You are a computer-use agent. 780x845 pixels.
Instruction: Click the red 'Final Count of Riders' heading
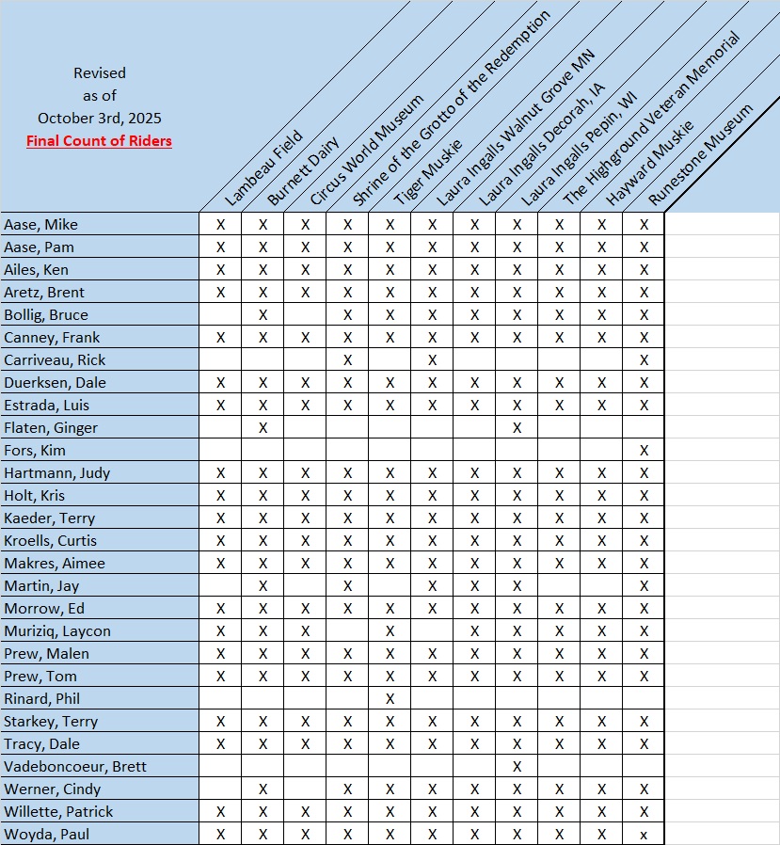pos(99,142)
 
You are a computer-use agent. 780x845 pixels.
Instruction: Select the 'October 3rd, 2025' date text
pos(99,119)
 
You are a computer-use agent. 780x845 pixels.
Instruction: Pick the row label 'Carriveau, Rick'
pos(55,360)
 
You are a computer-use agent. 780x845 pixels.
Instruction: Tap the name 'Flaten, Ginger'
pos(51,428)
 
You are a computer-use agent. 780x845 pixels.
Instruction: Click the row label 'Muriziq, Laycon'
pos(57,631)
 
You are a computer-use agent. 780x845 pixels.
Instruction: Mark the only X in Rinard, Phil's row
pos(390,699)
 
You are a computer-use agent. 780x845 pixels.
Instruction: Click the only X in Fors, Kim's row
pos(644,451)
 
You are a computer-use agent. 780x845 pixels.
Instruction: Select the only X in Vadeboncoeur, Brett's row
pos(517,767)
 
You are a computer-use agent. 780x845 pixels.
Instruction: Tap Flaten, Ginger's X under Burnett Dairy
pos(263,428)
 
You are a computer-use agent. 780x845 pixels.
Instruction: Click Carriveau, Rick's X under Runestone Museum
pos(644,360)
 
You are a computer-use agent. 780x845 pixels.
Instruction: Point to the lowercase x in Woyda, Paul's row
pos(644,835)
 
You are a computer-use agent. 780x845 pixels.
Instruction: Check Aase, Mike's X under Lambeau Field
pos(221,225)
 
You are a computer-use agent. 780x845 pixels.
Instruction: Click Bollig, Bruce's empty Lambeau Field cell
pos(221,315)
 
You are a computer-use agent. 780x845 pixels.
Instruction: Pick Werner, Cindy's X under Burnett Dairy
pos(263,789)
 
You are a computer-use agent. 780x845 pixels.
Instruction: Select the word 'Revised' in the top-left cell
pos(99,72)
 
